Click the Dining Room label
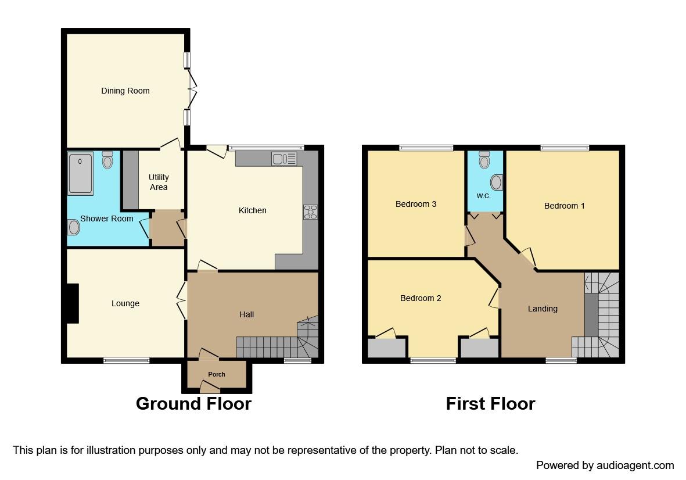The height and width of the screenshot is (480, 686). (125, 91)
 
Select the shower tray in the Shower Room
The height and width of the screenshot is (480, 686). (80, 173)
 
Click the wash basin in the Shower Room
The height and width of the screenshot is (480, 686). (74, 227)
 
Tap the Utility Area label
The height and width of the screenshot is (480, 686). (158, 182)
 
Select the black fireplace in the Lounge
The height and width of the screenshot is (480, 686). (72, 303)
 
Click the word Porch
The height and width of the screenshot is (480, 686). (217, 374)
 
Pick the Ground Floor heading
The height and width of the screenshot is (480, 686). (193, 403)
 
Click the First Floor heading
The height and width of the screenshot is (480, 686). (490, 403)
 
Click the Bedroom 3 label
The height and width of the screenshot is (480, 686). (415, 204)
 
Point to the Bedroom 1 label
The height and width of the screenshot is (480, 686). (564, 206)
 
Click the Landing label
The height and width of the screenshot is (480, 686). (542, 309)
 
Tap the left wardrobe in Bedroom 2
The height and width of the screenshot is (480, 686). (387, 348)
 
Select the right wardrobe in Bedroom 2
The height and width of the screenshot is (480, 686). (479, 348)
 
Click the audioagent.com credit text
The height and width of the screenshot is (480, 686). (605, 465)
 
